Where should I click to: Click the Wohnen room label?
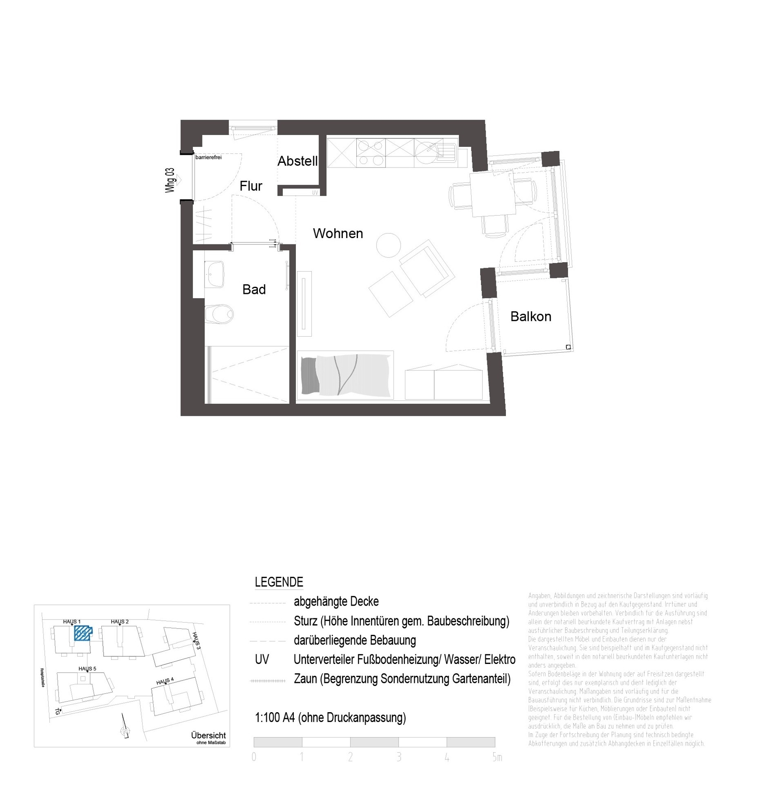click(x=337, y=233)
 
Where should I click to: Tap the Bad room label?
click(x=254, y=289)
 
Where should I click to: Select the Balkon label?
click(x=530, y=316)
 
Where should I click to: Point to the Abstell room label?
click(x=297, y=161)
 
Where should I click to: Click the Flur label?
click(x=251, y=186)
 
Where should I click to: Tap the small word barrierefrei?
click(x=208, y=157)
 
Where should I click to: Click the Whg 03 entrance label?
click(x=170, y=180)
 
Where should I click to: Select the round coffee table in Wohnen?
click(x=388, y=245)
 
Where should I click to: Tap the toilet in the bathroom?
click(x=220, y=314)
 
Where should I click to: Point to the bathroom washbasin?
click(x=215, y=274)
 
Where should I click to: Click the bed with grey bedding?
click(x=345, y=375)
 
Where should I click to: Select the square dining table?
click(x=492, y=194)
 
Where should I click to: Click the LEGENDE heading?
click(x=279, y=582)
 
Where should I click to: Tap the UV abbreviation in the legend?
click(x=262, y=659)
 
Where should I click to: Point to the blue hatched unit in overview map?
click(x=82, y=633)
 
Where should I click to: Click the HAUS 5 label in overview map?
click(x=87, y=669)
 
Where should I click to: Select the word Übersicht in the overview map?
click(x=208, y=735)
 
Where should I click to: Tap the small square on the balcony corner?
click(x=568, y=347)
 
